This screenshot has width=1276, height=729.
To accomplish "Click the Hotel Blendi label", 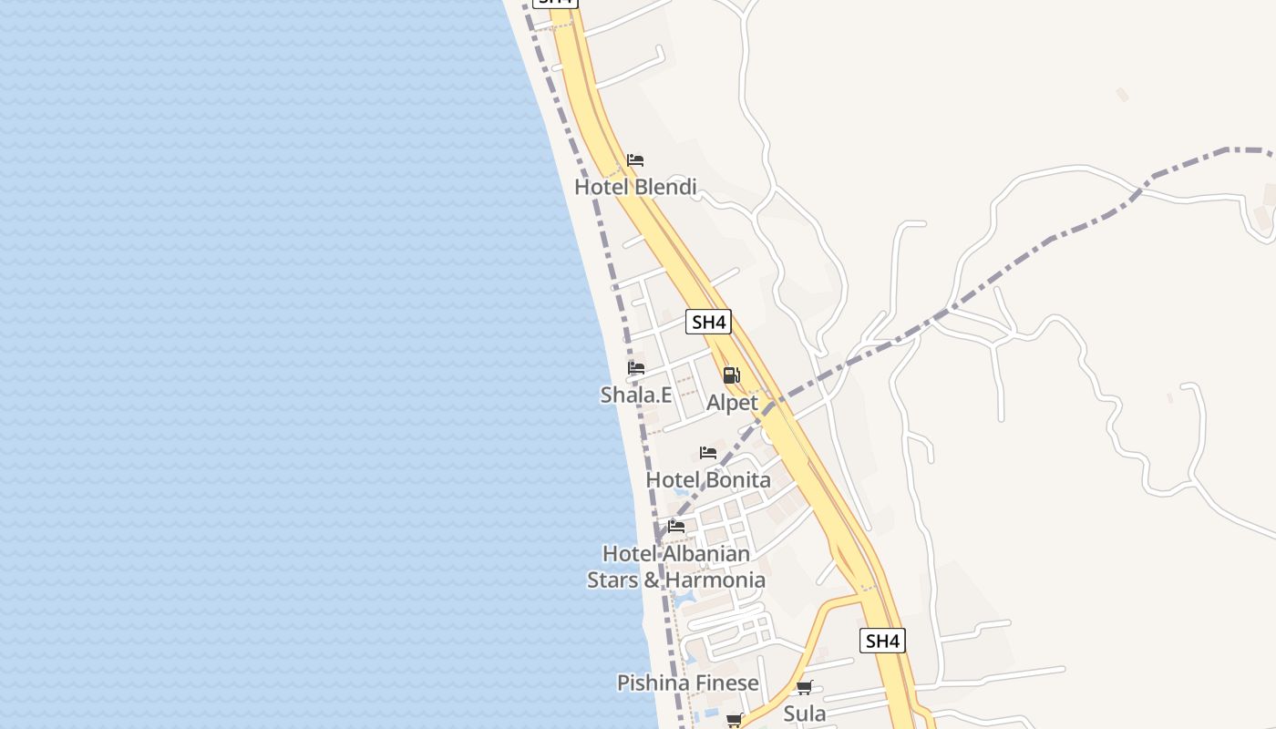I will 635,187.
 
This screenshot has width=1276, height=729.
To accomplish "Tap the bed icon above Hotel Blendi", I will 635,160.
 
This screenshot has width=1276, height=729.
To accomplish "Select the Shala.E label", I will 636,395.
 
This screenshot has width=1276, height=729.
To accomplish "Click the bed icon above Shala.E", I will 636,368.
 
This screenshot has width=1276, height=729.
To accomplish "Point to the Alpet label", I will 732,402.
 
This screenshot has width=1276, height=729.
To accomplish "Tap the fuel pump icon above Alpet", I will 731,375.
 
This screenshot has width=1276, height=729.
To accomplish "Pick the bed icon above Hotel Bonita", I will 708,453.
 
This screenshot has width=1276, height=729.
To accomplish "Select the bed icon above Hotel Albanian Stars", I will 676,526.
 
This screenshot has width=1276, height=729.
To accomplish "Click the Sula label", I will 805,713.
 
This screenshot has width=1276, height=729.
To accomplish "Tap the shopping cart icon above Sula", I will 804,688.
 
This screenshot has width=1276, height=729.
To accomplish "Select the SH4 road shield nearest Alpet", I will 708,322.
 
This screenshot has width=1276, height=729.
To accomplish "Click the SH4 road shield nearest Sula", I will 882,641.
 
